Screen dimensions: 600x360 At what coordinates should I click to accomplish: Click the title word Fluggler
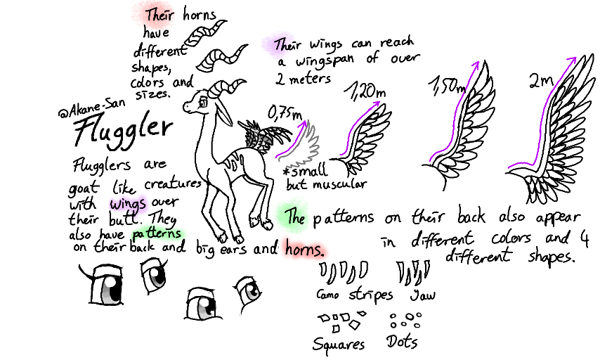(124, 129)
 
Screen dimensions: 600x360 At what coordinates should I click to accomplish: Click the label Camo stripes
(355, 295)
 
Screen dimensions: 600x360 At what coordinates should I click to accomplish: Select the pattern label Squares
(339, 344)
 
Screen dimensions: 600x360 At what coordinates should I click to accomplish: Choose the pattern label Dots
(402, 342)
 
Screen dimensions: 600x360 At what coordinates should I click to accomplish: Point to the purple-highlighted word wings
(126, 203)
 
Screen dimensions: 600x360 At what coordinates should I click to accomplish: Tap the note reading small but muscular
(324, 178)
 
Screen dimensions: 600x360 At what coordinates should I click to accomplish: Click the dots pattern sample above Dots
(405, 321)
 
